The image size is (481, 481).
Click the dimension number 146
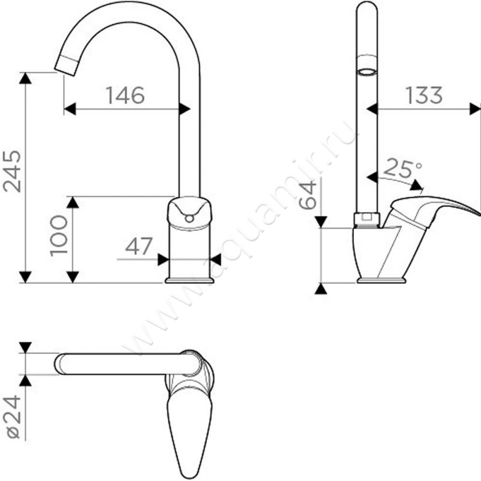(126, 95)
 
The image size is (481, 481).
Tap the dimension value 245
(12, 171)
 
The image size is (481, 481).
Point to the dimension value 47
(139, 246)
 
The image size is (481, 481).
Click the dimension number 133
(424, 95)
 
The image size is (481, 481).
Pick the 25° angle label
(402, 168)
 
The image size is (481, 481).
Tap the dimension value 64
(307, 194)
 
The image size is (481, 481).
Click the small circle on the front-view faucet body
(189, 218)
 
